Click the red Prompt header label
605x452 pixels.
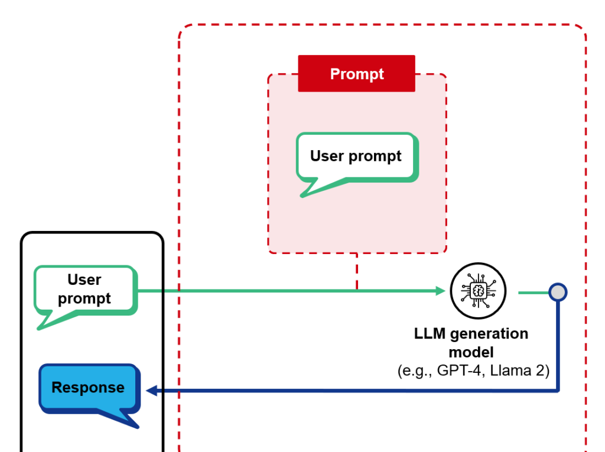click(356, 74)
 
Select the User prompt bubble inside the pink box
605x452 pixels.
click(356, 157)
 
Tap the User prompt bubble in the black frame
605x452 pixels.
click(85, 289)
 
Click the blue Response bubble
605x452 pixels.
click(88, 388)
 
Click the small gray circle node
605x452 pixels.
click(558, 292)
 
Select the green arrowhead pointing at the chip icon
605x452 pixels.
click(440, 291)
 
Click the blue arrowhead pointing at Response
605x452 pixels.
click(151, 391)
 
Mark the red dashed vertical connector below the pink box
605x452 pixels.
click(357, 272)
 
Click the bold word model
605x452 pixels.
click(471, 352)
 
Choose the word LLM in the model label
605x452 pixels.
click(430, 334)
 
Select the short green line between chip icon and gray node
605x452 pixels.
click(534, 292)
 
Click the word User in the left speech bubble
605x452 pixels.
click(84, 279)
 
